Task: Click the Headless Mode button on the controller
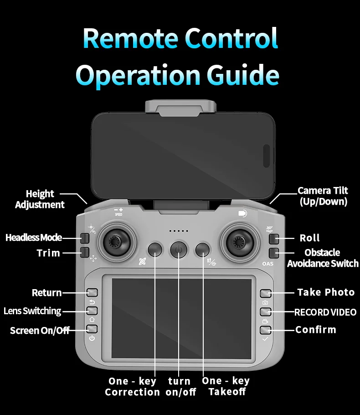[85, 238]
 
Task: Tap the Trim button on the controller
[85, 253]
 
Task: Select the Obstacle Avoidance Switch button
[274, 253]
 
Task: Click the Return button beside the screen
[92, 292]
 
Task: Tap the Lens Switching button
[92, 311]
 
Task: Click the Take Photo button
[266, 293]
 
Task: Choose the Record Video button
[266, 311]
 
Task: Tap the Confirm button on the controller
[266, 330]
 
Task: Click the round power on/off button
[179, 249]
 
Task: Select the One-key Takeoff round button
[202, 249]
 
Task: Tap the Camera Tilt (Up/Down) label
[323, 196]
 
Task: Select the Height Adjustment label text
[40, 199]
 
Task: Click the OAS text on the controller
[267, 264]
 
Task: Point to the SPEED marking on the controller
[118, 214]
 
